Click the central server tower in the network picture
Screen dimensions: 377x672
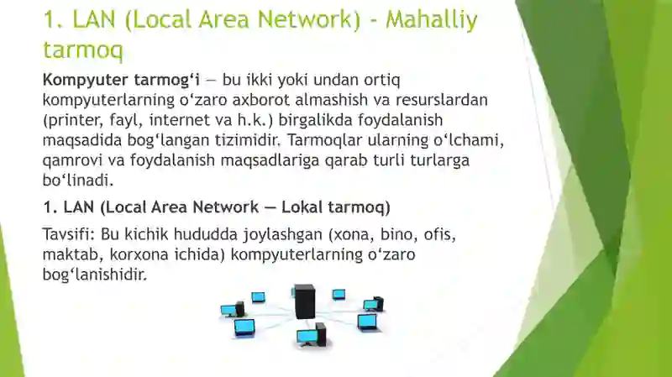click(304, 301)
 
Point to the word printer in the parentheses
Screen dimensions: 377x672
click(76, 120)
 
